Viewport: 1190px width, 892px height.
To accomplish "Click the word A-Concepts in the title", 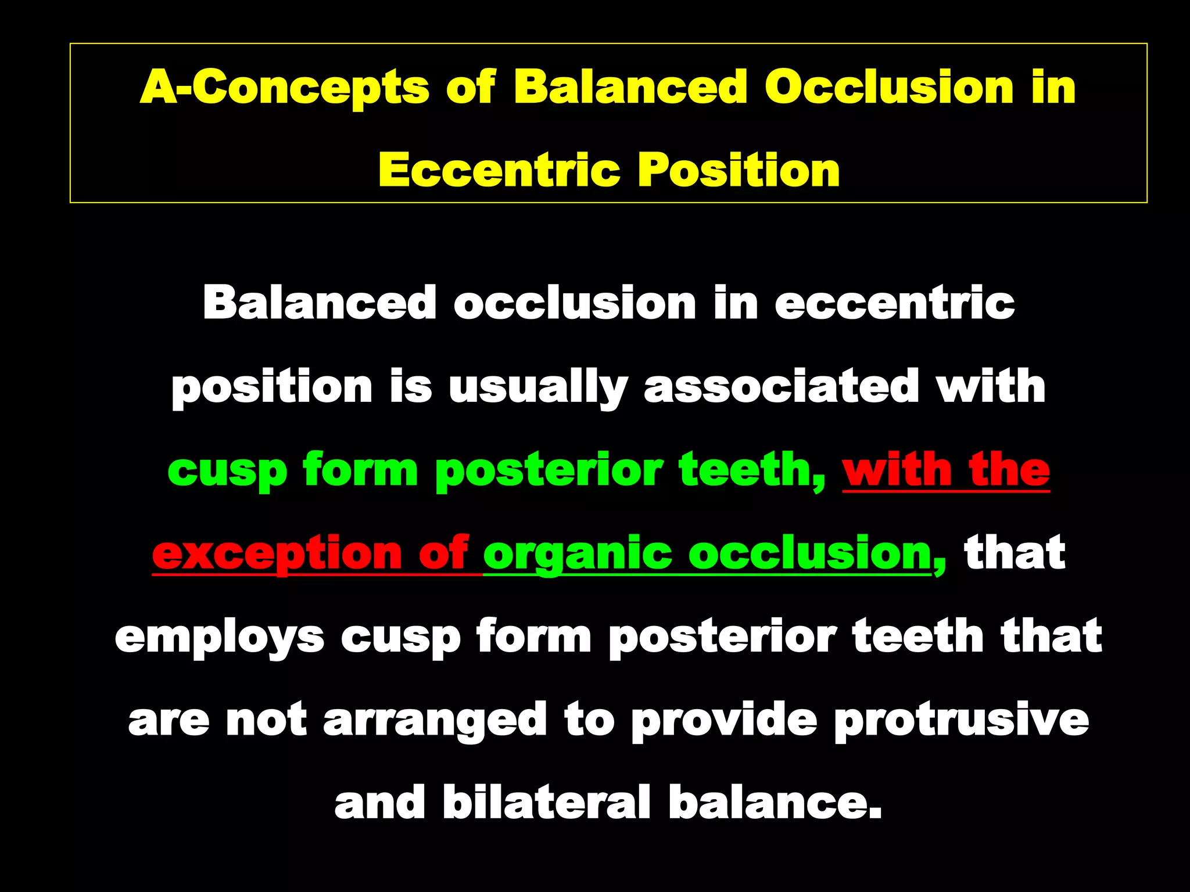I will tap(284, 87).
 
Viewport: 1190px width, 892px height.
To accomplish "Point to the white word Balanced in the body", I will tap(319, 303).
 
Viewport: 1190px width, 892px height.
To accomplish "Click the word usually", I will tap(537, 388).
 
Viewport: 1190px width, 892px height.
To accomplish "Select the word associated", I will tap(782, 387).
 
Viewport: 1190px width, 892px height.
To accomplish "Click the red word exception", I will tap(277, 555).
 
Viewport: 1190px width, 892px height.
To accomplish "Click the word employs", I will tap(219, 638).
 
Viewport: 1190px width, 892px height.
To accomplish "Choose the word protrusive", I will tap(961, 720).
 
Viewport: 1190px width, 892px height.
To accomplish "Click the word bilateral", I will tap(546, 803).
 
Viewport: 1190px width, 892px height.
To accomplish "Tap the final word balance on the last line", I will tap(775, 803).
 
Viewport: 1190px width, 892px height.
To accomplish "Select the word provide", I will tap(724, 720).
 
